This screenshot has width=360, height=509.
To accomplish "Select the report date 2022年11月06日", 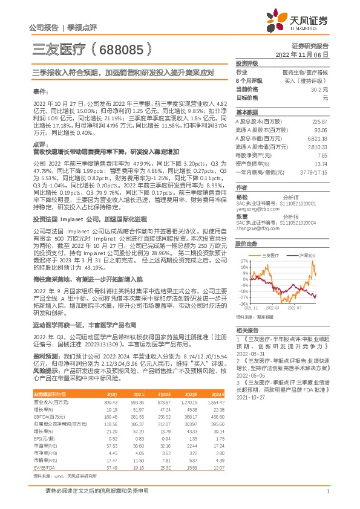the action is pyautogui.click(x=306, y=54).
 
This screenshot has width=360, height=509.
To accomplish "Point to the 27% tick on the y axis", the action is pyautogui.click(x=243, y=261).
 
